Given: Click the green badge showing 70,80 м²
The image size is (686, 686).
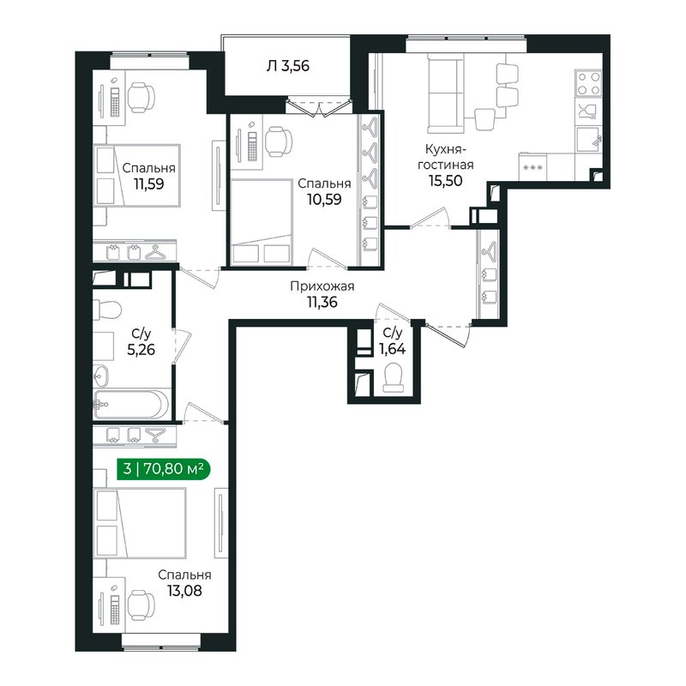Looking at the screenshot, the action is [x=164, y=469].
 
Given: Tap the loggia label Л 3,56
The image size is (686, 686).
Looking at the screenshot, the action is [x=287, y=66].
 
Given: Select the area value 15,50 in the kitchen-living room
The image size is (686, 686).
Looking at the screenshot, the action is [x=445, y=180].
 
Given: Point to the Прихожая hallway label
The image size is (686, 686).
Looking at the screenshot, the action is [x=322, y=286].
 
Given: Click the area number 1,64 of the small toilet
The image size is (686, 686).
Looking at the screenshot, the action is [x=392, y=349].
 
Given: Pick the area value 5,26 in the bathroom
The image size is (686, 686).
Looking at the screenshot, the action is [x=141, y=350].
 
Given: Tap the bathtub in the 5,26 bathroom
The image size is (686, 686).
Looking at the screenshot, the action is [x=131, y=405].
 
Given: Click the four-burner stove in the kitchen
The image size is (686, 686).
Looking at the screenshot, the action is [x=588, y=83].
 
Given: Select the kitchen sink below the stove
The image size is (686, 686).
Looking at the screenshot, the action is [x=589, y=139].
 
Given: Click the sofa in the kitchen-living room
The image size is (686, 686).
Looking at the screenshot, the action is [x=445, y=93].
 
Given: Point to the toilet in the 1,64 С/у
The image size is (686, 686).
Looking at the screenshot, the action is [x=394, y=379].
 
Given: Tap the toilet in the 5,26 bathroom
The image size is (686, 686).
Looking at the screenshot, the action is [x=108, y=310].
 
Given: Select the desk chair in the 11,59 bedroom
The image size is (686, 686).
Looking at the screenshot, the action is [x=141, y=97].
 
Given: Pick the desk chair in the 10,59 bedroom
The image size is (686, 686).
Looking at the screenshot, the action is [x=279, y=141].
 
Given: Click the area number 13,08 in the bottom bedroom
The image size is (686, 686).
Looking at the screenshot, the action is [x=184, y=591].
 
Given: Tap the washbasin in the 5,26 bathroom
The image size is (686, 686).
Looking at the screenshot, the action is [x=101, y=376].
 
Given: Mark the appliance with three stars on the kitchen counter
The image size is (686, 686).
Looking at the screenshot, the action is [x=533, y=167].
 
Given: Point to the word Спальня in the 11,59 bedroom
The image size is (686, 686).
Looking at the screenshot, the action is [x=148, y=168].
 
